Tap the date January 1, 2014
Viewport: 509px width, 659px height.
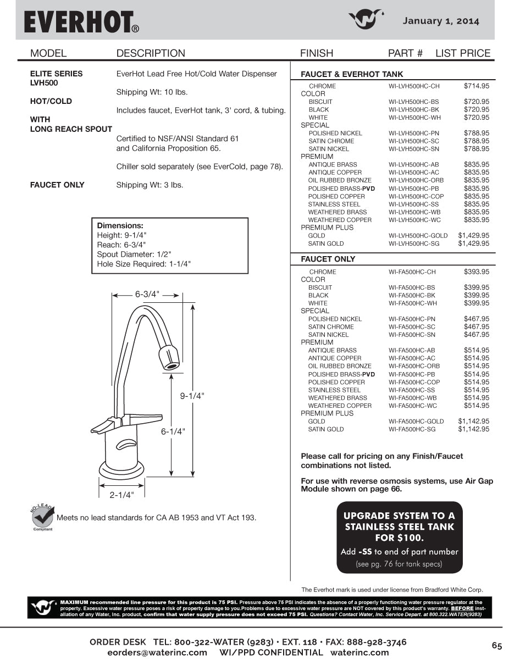441,21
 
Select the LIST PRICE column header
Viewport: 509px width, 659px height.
463,53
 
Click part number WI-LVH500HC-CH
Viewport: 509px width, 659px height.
414,86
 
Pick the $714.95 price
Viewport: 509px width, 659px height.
476,86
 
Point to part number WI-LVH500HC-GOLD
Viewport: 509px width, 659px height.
418,236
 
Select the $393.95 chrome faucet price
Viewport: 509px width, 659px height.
476,272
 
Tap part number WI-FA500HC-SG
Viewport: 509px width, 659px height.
412,429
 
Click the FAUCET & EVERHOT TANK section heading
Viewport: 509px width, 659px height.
352,74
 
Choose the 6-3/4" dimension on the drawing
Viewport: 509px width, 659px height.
147,294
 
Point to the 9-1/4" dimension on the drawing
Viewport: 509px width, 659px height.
192,396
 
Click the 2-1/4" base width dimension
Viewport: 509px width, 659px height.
121,495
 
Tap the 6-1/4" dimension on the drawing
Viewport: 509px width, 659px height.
173,432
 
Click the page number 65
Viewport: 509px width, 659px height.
497,645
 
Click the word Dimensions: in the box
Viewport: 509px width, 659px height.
120,226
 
